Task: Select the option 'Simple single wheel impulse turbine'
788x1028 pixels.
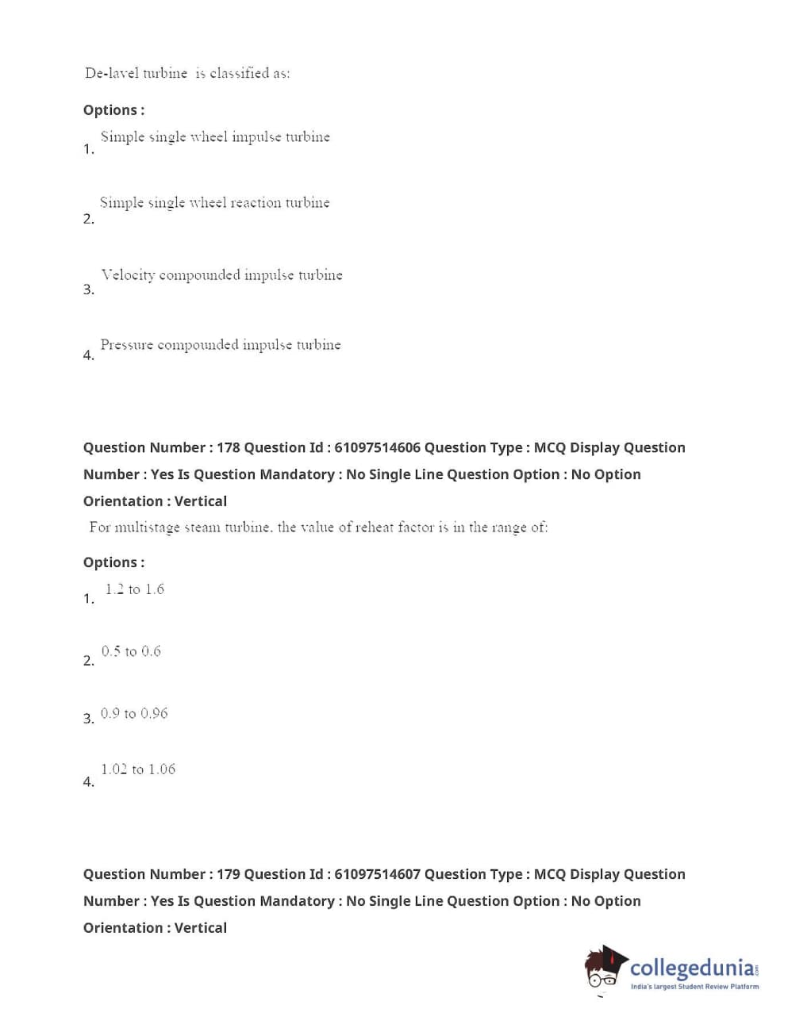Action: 214,137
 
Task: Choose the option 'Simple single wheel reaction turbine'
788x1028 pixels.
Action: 214,203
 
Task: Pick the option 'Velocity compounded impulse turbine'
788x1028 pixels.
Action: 221,275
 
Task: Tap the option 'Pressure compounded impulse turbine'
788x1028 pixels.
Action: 220,345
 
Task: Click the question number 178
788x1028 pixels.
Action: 228,447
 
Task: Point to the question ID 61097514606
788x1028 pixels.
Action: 377,447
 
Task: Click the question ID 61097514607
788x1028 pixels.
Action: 377,874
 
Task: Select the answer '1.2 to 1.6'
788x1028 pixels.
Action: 134,589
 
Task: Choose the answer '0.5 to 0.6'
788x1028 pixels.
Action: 131,651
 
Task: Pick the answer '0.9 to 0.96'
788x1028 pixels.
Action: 134,714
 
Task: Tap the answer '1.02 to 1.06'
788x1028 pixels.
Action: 137,769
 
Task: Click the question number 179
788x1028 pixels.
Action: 228,874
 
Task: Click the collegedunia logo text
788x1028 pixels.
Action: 692,968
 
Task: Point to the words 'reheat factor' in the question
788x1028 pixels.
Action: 394,527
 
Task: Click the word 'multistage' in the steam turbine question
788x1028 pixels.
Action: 147,527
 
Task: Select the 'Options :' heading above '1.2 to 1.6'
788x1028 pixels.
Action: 113,562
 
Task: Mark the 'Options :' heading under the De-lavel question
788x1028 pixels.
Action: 113,110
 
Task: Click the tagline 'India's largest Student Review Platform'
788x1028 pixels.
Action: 694,987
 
